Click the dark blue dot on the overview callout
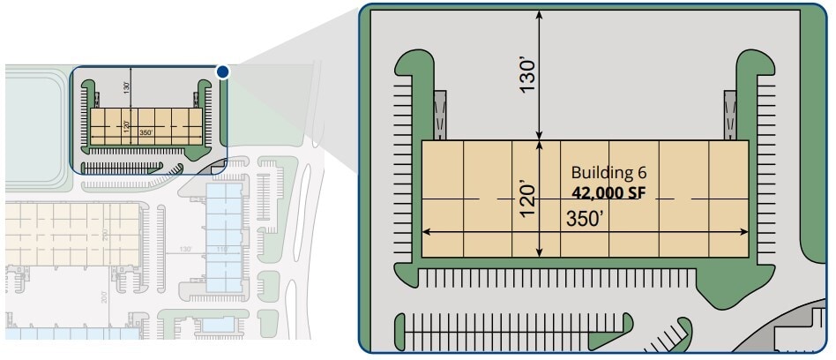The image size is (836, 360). (223, 71)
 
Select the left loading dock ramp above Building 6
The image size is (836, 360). (442, 116)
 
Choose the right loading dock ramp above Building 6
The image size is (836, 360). (730, 116)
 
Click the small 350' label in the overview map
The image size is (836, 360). (146, 133)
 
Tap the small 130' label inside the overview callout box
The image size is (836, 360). (127, 87)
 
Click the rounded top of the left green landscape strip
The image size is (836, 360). (415, 63)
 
